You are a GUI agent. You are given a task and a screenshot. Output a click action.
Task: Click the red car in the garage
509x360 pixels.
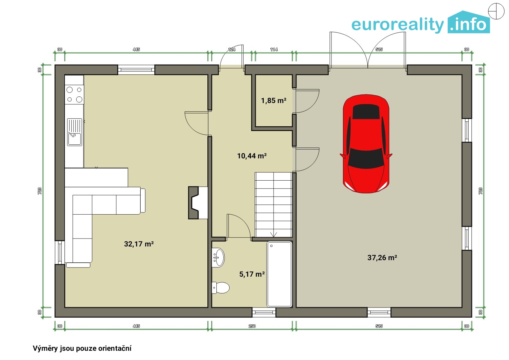(x=366, y=144)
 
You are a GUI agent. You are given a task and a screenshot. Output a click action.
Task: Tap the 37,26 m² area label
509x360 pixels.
(x=382, y=258)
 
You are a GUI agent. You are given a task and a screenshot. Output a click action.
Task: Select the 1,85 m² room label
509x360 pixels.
(x=274, y=100)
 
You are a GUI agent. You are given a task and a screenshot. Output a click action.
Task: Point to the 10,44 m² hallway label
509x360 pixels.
(x=252, y=156)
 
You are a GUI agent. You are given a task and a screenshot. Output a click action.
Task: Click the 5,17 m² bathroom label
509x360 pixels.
(x=252, y=274)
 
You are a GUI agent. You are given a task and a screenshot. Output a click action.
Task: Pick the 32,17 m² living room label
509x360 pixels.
(x=139, y=244)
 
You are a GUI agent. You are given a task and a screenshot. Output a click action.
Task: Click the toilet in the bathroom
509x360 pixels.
(x=220, y=287)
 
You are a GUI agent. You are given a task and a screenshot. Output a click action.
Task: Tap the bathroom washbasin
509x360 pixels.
(x=218, y=258)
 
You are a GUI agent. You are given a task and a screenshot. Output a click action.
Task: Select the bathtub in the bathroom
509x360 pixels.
(x=279, y=274)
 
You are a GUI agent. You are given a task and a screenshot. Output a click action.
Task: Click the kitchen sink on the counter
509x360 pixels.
(x=74, y=132)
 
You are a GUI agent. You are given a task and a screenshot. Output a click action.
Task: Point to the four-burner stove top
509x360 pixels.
(x=74, y=94)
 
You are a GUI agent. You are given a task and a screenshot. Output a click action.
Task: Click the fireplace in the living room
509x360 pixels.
(x=198, y=203)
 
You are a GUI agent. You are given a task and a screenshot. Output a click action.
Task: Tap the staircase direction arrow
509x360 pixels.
(x=273, y=234)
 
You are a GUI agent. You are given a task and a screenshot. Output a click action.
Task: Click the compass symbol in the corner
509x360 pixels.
(x=496, y=11)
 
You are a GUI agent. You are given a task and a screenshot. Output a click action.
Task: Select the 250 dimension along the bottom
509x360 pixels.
(x=252, y=326)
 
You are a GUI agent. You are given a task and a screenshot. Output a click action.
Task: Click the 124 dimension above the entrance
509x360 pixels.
(x=232, y=49)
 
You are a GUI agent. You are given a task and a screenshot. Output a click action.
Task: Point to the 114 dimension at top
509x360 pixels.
(x=274, y=49)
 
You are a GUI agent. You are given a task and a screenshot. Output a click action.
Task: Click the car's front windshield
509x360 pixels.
(x=366, y=158)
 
